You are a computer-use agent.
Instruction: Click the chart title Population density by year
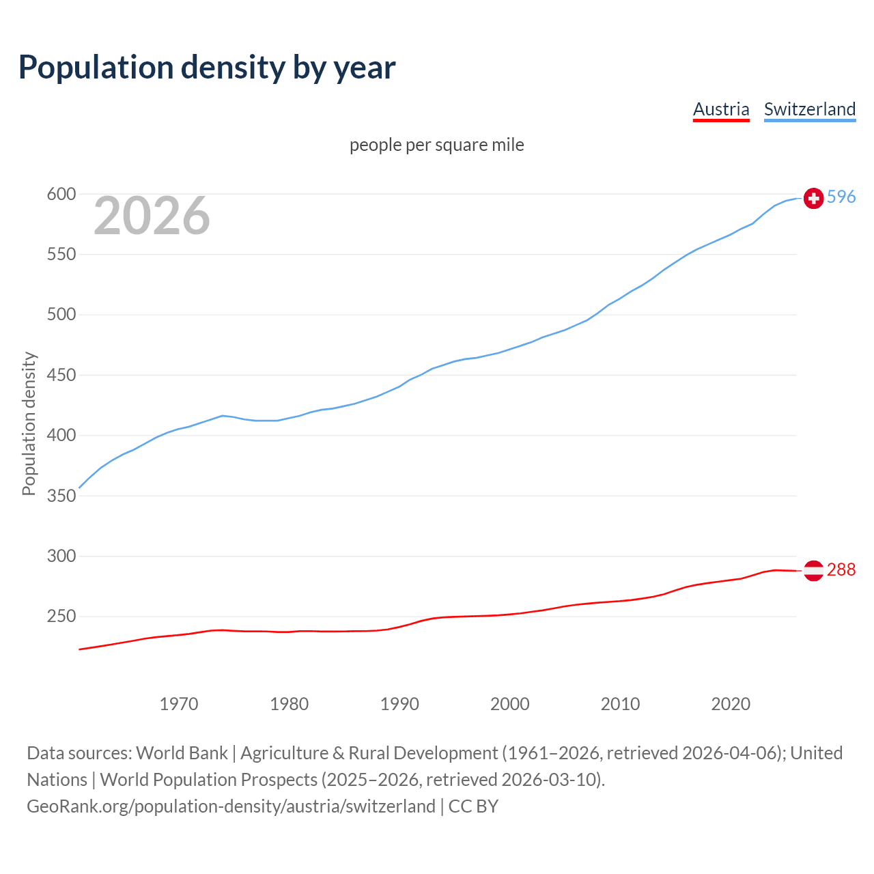coord(207,68)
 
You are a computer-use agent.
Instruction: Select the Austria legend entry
coord(721,109)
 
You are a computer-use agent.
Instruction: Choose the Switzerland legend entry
coord(810,109)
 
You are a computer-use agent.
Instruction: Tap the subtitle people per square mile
coord(437,145)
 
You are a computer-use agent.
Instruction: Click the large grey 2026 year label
coord(152,216)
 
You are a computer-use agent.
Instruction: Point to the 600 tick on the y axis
coord(61,195)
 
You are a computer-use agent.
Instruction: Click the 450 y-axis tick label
coord(61,375)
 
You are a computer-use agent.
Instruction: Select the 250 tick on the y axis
coord(61,617)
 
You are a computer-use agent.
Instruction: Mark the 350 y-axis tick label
coord(61,496)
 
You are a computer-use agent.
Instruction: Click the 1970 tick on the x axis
coord(179,704)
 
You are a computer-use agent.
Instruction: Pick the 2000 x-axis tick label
coord(510,704)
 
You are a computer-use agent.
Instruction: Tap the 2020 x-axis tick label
coord(731,704)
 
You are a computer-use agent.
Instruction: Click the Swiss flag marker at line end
coord(813,198)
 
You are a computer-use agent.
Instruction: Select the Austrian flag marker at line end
coord(813,570)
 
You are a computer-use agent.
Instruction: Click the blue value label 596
coord(841,197)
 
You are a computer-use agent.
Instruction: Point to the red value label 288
coord(841,569)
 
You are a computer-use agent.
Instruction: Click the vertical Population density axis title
coord(29,423)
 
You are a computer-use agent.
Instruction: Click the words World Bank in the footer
coord(182,753)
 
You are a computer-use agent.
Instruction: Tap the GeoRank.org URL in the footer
coord(231,806)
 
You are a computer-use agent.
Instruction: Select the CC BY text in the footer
coord(473,806)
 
